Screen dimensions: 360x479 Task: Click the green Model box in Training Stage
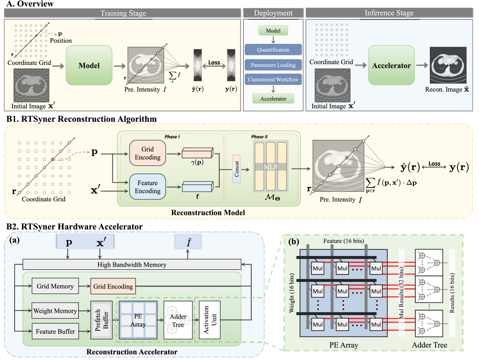click(89, 66)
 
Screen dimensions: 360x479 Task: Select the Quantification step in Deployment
click(273, 50)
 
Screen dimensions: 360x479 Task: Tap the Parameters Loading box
click(273, 65)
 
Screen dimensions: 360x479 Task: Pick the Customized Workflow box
click(273, 80)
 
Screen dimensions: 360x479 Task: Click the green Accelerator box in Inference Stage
click(391, 66)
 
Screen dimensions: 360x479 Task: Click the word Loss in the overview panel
click(214, 62)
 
